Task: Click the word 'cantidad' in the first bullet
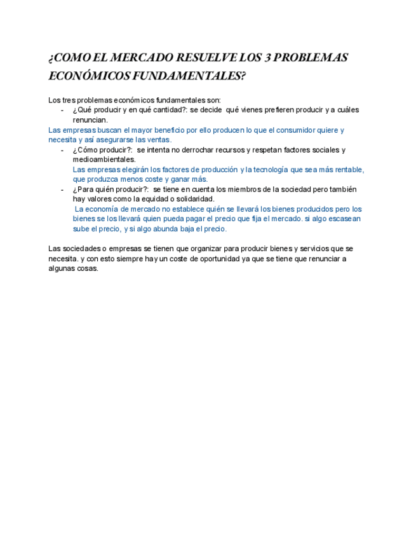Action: (x=164, y=110)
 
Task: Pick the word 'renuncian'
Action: (x=90, y=119)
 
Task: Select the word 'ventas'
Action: (x=158, y=139)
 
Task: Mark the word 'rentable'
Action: (x=349, y=170)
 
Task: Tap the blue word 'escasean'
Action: (x=344, y=219)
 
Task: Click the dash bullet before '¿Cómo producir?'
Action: (x=62, y=150)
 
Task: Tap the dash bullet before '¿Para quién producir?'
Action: (x=62, y=189)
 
